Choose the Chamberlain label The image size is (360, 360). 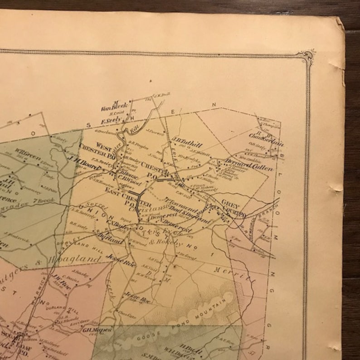(266, 138)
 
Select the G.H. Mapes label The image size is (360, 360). (97, 330)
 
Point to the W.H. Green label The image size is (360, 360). (25, 151)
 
